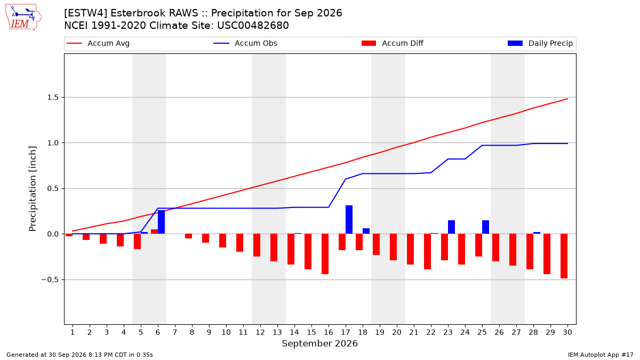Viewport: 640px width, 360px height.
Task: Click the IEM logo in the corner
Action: (23, 18)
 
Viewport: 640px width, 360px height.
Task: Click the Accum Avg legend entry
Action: (98, 43)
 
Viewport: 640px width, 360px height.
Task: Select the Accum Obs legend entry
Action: (245, 43)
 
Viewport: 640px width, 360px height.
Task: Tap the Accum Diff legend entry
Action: (393, 43)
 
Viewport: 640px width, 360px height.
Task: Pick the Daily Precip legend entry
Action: (540, 43)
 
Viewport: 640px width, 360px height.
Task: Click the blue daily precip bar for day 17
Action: (349, 219)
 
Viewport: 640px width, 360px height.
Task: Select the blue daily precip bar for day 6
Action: (161, 222)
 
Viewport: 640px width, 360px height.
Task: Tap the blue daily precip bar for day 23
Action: (451, 227)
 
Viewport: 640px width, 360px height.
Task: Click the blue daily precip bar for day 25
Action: (485, 227)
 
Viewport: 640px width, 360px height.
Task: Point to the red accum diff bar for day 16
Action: (325, 254)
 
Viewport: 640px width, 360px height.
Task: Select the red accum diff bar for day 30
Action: (564, 256)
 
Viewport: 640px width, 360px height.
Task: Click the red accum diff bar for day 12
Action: (257, 245)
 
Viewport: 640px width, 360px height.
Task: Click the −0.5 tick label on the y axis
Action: (50, 279)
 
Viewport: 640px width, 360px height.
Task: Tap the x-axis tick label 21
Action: (414, 332)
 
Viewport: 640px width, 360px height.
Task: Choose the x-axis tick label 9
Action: (209, 332)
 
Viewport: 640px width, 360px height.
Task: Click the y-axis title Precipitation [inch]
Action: (33, 189)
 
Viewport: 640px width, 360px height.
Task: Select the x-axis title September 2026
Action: (319, 343)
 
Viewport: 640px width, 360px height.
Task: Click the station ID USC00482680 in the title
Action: (253, 26)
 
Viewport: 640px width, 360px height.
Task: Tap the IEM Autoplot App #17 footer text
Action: (601, 355)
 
